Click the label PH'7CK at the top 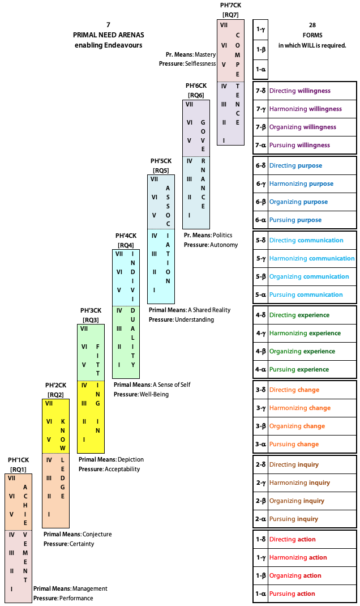click(x=230, y=5)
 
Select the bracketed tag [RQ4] click(x=126, y=245)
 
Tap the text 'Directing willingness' click(x=300, y=91)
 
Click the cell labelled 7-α click(x=261, y=145)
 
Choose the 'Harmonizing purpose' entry click(x=301, y=183)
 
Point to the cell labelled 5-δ click(x=261, y=240)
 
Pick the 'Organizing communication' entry click(x=309, y=276)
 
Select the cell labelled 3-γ click(x=261, y=408)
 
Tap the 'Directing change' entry click(x=294, y=390)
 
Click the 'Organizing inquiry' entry click(x=297, y=501)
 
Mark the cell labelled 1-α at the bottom click(x=261, y=594)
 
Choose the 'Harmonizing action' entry click(x=298, y=557)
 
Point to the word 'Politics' click(x=222, y=235)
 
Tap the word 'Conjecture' click(x=97, y=534)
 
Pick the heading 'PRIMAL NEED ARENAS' click(x=108, y=35)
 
